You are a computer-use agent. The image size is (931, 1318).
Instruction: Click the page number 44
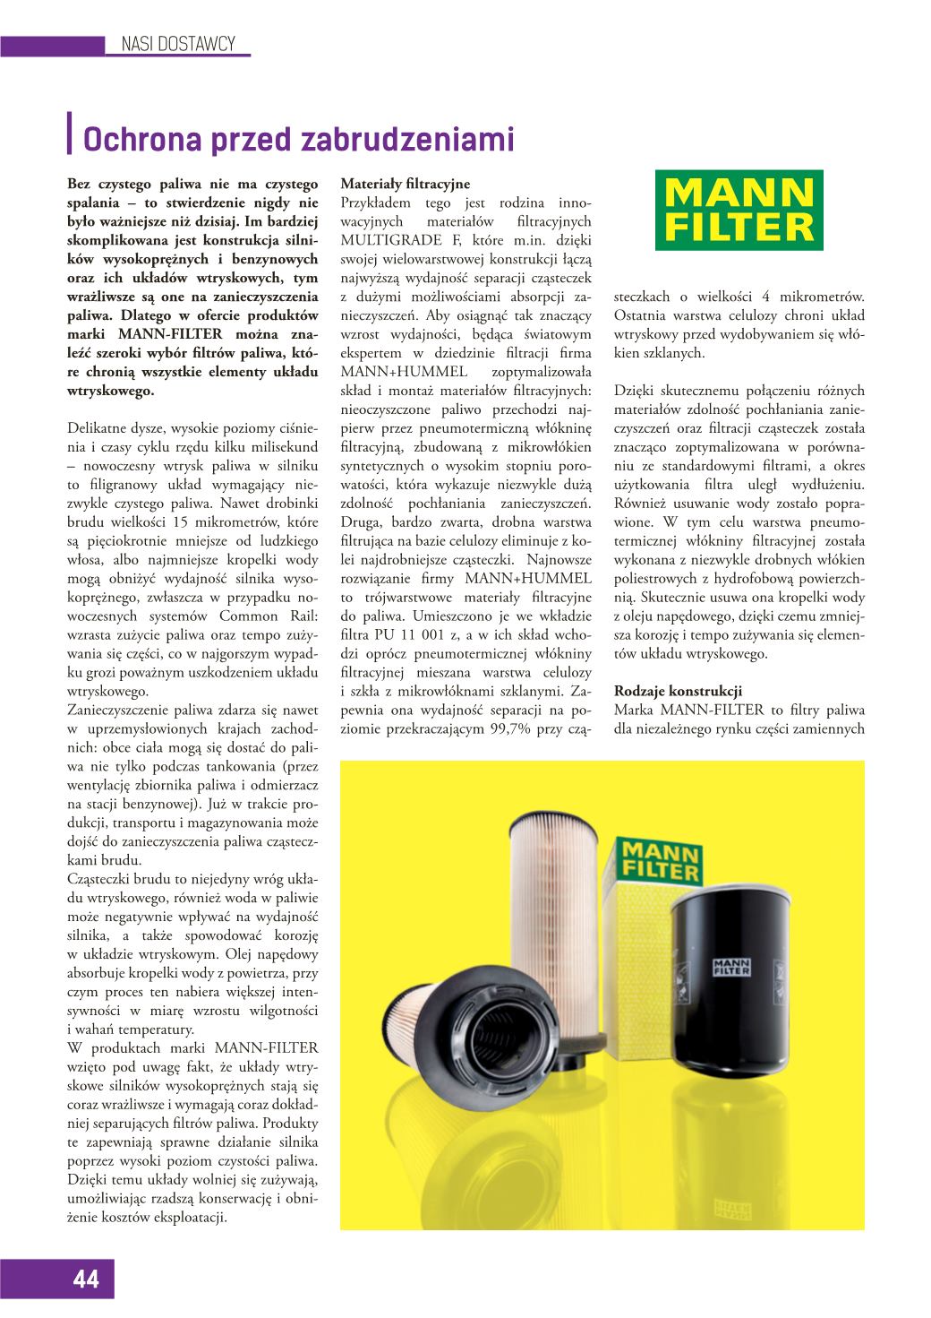(87, 1279)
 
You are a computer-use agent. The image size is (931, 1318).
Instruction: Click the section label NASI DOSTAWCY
(177, 43)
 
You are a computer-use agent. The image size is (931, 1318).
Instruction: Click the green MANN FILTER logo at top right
(739, 210)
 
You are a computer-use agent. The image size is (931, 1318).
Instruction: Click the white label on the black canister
(730, 965)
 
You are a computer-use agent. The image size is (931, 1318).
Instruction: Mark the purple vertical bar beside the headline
(71, 135)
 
